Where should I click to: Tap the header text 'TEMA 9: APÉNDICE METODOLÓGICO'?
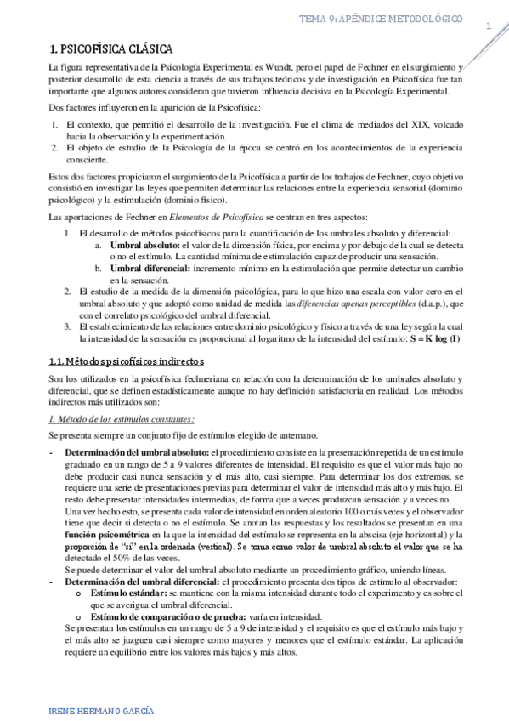pos(386,18)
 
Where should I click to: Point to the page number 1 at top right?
pos(489,26)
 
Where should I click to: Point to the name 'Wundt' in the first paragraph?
pos(252,66)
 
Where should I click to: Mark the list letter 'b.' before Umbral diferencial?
pos(99,268)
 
